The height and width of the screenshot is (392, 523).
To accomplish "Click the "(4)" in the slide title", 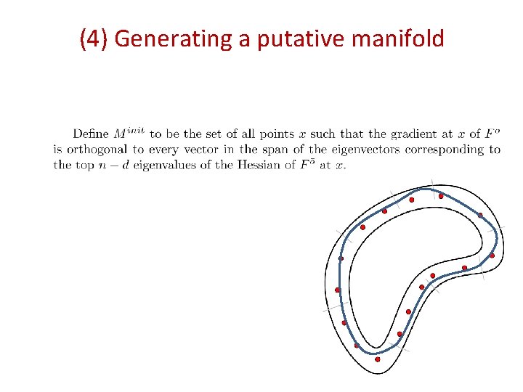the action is click(94, 38).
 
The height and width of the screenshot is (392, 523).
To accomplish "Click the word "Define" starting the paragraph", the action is click(91, 134).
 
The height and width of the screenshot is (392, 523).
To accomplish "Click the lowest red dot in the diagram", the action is click(378, 359).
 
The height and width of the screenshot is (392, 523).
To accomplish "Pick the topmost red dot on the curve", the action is click(441, 196).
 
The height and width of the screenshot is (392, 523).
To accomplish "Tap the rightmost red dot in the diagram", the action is click(492, 256).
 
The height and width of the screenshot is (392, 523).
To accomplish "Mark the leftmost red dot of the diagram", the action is click(338, 290).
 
